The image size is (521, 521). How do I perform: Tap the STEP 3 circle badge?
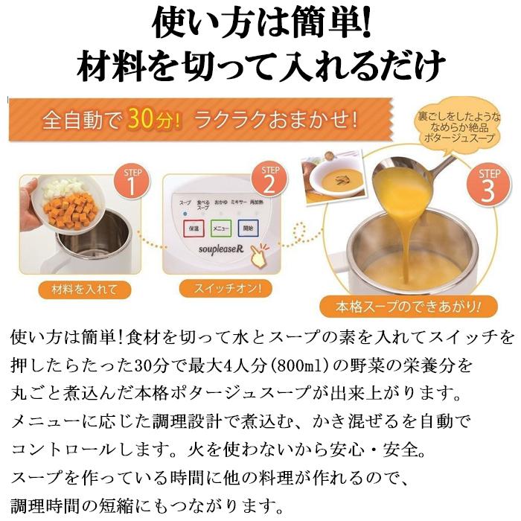click(487, 185)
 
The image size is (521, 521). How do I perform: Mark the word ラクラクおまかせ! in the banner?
click(278, 118)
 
